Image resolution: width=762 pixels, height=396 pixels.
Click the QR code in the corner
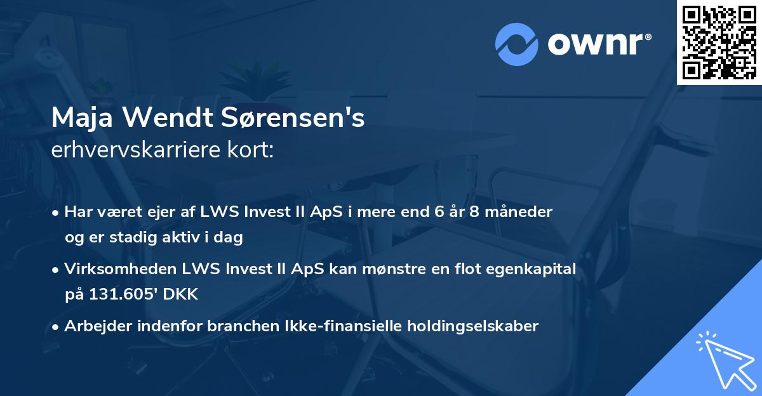point(719,42)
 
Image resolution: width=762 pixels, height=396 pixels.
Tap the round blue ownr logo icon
point(517,44)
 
